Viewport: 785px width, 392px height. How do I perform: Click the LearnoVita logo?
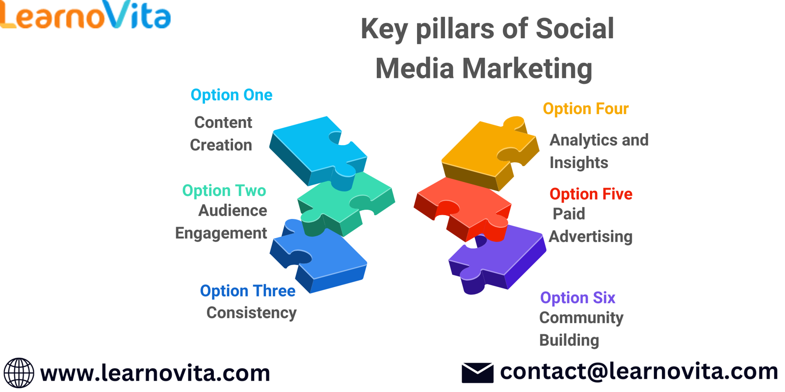(x=85, y=15)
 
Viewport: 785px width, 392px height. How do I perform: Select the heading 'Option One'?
(x=231, y=95)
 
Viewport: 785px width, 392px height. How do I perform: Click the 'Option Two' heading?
(x=224, y=191)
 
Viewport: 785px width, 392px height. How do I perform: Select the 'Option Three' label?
(x=247, y=291)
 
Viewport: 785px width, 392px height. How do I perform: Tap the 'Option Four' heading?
(x=586, y=109)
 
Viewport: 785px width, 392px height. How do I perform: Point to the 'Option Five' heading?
(x=591, y=194)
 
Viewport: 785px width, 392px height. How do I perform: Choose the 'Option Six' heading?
(x=577, y=298)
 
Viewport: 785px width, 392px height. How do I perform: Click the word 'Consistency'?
(x=251, y=313)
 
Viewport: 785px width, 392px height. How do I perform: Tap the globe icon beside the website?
(x=19, y=373)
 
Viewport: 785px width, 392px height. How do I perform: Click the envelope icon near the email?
(x=478, y=373)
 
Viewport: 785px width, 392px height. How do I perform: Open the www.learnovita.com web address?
(x=155, y=373)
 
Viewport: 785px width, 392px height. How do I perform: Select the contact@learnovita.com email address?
(x=639, y=372)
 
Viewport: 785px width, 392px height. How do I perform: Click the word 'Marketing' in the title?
(x=527, y=69)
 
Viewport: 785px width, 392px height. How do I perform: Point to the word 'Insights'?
(x=578, y=163)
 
